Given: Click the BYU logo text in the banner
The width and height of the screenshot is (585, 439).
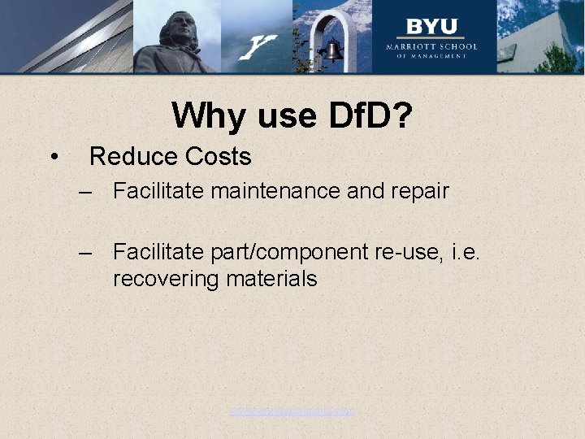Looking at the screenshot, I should (431, 26).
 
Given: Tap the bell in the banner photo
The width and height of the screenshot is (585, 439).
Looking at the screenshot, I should (331, 51).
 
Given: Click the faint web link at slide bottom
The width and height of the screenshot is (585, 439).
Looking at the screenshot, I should (292, 411).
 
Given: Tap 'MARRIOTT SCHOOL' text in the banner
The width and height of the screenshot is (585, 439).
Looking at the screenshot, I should (431, 46).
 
